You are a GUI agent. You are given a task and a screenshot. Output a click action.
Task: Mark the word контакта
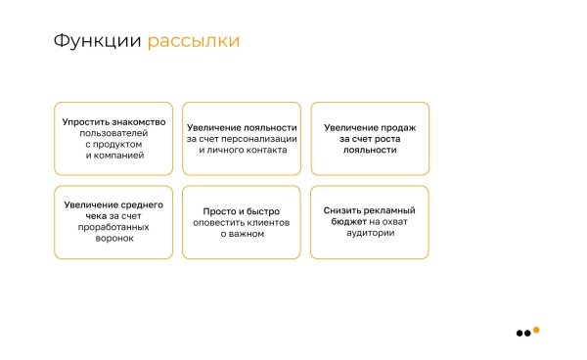click(266, 151)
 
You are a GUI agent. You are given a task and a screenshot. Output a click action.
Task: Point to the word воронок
click(113, 238)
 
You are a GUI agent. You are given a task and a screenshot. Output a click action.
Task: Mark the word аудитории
click(369, 233)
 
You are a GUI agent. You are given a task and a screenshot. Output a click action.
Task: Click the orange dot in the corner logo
click(536, 329)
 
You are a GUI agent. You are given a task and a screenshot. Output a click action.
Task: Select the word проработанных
click(113, 227)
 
